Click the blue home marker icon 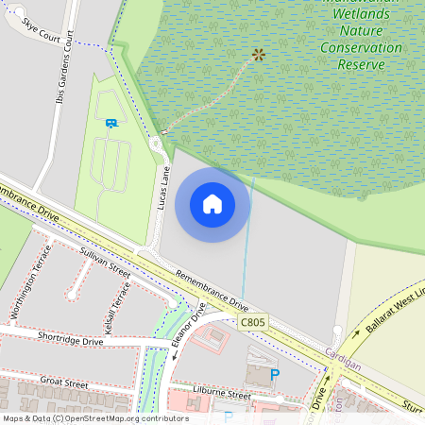(x=212, y=203)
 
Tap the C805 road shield (x=253, y=323)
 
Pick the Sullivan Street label (x=105, y=257)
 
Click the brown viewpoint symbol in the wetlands (x=259, y=54)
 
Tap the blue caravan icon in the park (x=110, y=122)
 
